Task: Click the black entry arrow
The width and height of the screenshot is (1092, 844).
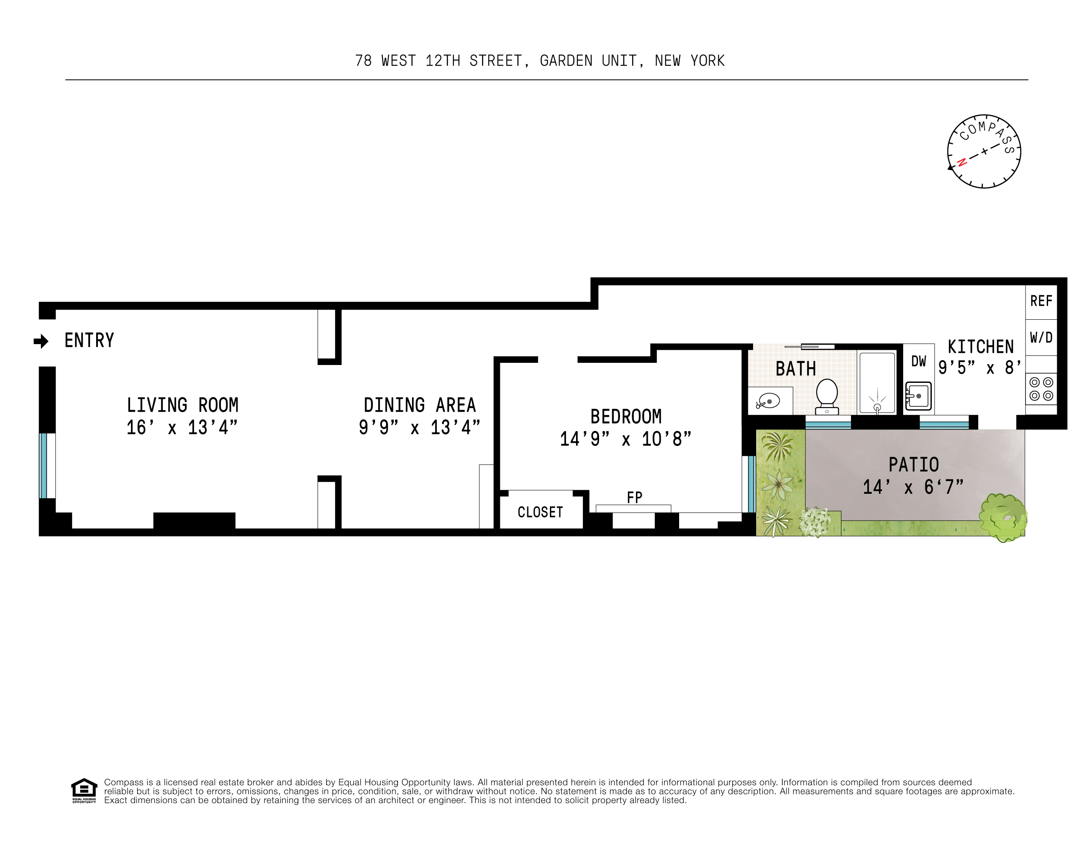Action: (41, 342)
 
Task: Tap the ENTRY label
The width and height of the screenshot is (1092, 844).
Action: (90, 341)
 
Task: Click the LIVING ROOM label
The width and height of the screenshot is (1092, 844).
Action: (182, 405)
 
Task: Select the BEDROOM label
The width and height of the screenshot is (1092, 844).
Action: (626, 416)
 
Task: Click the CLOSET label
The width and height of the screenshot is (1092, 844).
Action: (540, 512)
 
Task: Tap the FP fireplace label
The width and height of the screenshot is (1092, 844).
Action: (634, 498)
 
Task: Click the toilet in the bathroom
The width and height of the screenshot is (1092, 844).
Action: (827, 395)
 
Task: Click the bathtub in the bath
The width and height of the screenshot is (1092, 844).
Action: (877, 383)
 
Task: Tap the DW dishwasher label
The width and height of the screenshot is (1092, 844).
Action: (918, 362)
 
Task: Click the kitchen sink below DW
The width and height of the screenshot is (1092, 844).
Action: (918, 396)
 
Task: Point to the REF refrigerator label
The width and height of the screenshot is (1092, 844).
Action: (1041, 301)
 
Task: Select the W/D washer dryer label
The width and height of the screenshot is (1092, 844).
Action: (1041, 338)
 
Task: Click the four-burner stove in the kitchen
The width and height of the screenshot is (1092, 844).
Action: (1041, 389)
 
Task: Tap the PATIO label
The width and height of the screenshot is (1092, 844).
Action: (914, 465)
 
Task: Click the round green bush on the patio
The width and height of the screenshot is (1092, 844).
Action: (1002, 518)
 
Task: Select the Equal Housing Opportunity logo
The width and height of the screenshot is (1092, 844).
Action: (84, 790)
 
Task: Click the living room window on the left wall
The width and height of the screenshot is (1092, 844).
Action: (44, 466)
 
